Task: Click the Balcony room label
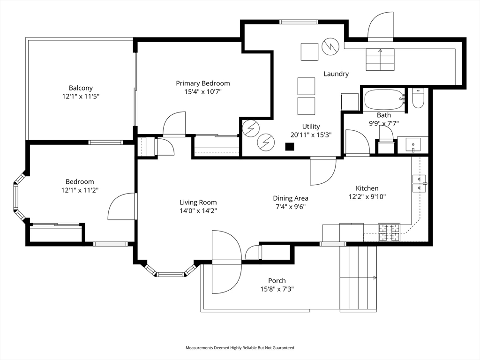pos(81,88)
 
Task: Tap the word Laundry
pos(336,74)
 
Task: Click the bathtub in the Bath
pos(384,100)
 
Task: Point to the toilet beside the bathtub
pos(418,98)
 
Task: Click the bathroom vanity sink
pos(413,145)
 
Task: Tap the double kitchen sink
pos(419,183)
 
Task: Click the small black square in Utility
pos(290,147)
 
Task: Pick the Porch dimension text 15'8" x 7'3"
pos(277,289)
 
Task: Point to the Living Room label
pos(198,202)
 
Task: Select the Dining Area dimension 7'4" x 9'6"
pos(291,207)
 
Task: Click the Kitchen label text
pos(367,188)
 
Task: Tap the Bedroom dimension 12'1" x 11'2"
pos(80,190)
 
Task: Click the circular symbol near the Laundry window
pos(330,46)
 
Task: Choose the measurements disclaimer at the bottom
pos(240,348)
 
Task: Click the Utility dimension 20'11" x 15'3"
pos(311,135)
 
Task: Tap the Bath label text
pos(384,115)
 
